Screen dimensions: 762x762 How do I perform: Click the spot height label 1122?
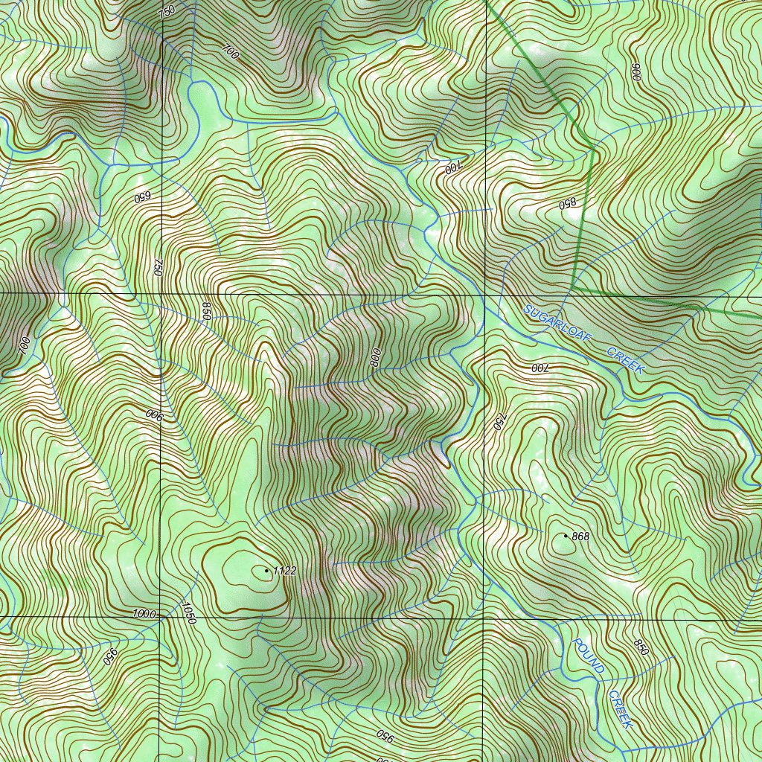(x=286, y=571)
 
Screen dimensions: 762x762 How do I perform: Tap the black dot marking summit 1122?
(x=267, y=571)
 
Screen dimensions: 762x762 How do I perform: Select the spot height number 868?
(x=581, y=537)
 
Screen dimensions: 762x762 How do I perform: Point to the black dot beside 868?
(x=566, y=536)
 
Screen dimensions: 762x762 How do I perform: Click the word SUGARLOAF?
(x=556, y=322)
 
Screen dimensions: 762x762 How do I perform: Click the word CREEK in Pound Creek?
(x=621, y=709)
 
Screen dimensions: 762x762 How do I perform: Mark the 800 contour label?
(x=375, y=358)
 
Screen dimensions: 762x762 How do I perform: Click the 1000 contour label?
(x=144, y=613)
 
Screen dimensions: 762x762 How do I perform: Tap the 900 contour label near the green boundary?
(x=635, y=72)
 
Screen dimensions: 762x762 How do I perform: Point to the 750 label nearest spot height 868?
(x=499, y=422)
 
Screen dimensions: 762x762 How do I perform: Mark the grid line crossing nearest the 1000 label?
(x=161, y=618)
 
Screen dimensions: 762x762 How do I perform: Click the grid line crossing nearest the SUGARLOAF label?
(x=485, y=294)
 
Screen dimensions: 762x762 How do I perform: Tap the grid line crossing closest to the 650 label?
(x=161, y=294)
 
